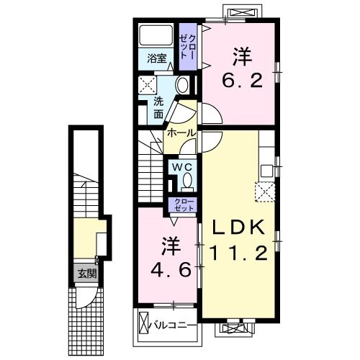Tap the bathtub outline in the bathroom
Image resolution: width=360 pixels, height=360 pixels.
point(156,35)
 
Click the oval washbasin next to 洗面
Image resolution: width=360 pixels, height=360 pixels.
point(181,86)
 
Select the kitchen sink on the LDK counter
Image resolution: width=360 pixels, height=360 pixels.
point(266,170)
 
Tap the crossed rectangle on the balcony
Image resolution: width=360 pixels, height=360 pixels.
point(143,324)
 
